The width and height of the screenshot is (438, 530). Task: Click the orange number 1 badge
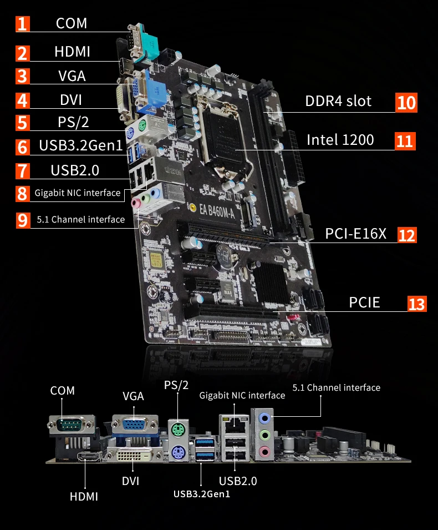tap(22, 24)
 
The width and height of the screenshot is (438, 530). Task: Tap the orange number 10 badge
tap(406, 103)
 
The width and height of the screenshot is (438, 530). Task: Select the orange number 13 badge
tap(417, 304)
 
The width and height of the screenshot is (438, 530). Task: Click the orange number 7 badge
tap(22, 170)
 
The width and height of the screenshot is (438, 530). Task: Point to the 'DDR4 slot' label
tap(338, 102)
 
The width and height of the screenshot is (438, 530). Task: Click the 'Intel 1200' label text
tap(340, 140)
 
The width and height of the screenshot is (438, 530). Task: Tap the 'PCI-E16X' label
tap(355, 234)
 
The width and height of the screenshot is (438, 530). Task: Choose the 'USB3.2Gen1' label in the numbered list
tap(80, 147)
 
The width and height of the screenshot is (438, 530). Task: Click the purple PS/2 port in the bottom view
tap(177, 451)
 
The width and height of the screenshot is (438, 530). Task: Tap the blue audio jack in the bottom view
tap(265, 417)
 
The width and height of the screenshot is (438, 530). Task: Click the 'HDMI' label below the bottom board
tap(84, 496)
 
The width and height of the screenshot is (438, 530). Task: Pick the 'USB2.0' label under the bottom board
tap(238, 481)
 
